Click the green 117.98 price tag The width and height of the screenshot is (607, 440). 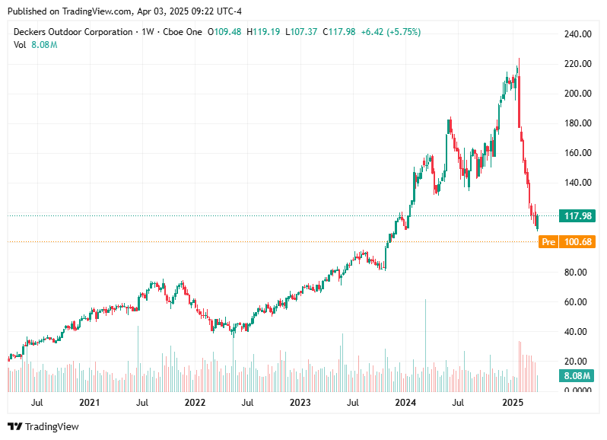pos(577,215)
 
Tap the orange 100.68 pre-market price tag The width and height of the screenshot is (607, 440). pos(577,242)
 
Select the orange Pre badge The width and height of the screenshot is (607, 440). pos(547,242)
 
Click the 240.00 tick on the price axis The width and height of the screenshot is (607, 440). pos(577,34)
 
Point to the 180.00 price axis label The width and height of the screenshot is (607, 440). pos(577,123)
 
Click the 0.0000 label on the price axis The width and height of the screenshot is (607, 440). pos(577,391)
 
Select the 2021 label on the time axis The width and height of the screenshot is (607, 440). pos(90,402)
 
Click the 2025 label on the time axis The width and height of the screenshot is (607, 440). pos(512,402)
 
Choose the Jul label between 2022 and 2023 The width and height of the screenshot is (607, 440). pos(247,402)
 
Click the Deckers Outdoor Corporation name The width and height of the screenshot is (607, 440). pos(72,32)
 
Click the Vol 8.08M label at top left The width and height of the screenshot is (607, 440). pos(36,45)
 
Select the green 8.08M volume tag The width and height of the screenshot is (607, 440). pos(577,376)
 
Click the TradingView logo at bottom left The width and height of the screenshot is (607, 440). pos(43,427)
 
